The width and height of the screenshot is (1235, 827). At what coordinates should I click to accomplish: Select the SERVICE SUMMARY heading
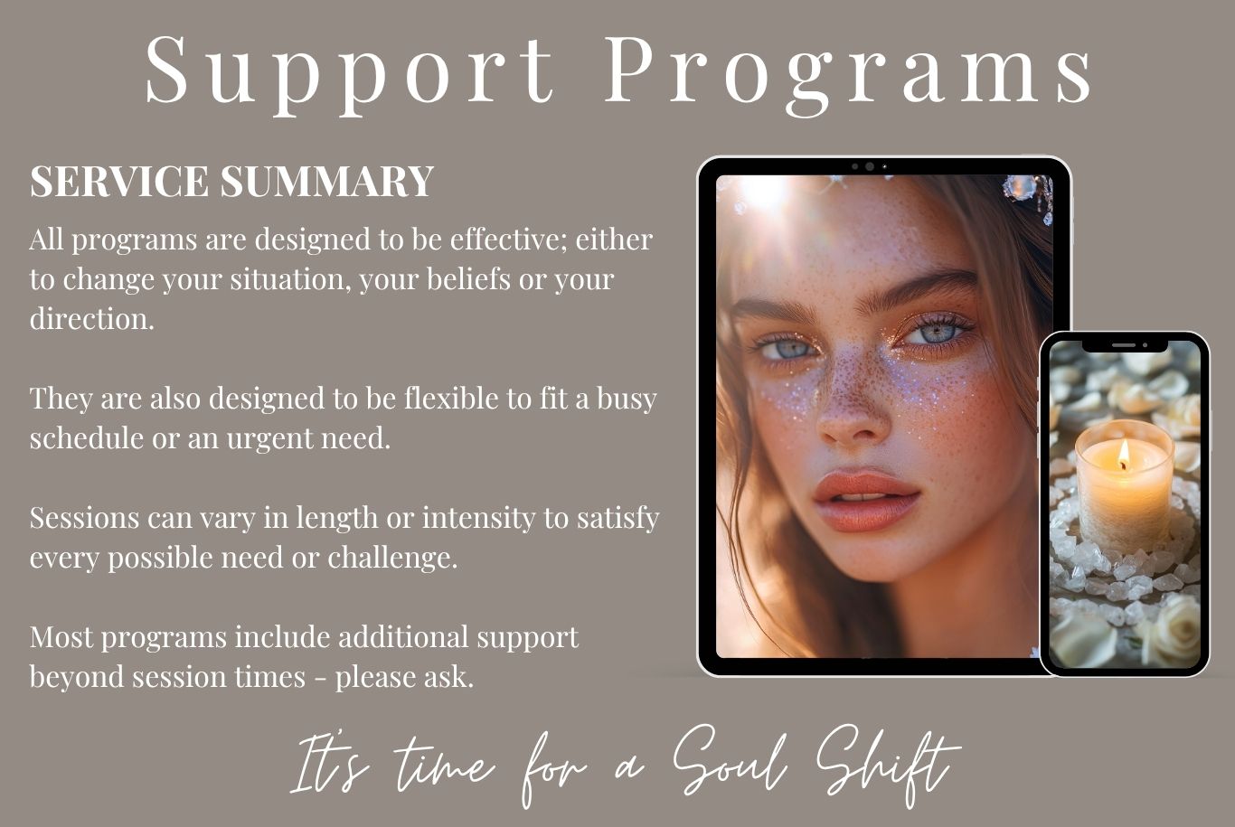232,181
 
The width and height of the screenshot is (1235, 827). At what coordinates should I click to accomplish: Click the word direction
91,319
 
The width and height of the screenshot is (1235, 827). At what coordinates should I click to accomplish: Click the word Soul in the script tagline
729,762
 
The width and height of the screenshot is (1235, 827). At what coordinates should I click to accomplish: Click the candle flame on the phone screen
1124,455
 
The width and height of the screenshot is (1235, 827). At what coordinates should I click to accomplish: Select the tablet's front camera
869,166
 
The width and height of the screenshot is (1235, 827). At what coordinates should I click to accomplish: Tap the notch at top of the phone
1124,344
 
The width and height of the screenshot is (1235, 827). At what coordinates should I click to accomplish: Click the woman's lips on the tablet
865,499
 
